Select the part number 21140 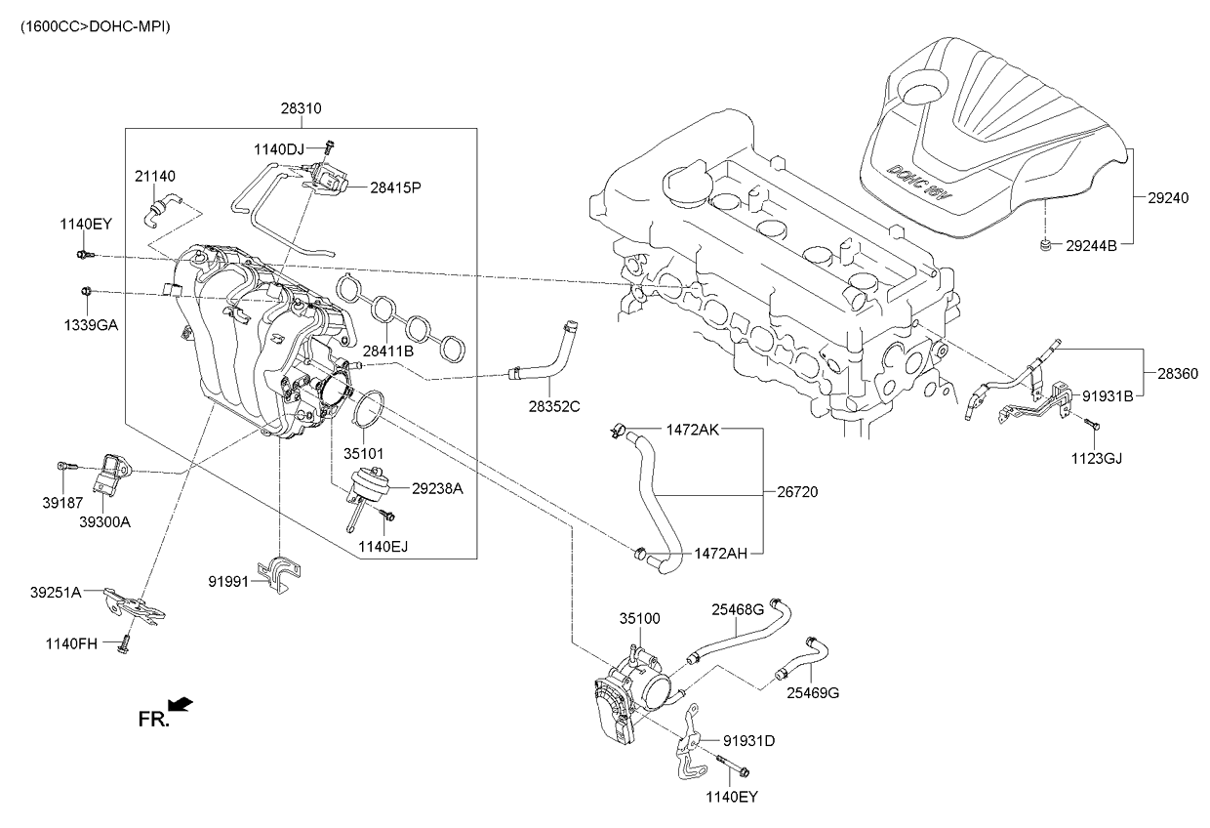point(155,176)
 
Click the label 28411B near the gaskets point(388,350)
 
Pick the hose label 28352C point(554,404)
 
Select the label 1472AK point(693,430)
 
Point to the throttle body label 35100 point(639,618)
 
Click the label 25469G point(813,693)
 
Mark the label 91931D point(749,741)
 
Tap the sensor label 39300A point(104,521)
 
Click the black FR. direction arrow point(180,704)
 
